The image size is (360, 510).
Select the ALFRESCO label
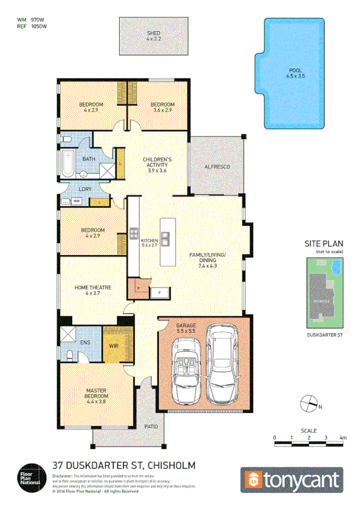(217, 166)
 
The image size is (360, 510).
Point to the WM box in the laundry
(77, 201)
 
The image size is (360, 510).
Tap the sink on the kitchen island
(165, 239)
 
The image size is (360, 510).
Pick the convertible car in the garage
(186, 371)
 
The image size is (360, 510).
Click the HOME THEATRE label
(93, 288)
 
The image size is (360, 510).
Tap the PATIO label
(151, 426)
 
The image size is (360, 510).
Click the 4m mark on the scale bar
(343, 437)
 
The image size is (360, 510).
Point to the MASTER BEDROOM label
(96, 394)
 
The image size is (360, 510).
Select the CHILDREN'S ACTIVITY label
(156, 162)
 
